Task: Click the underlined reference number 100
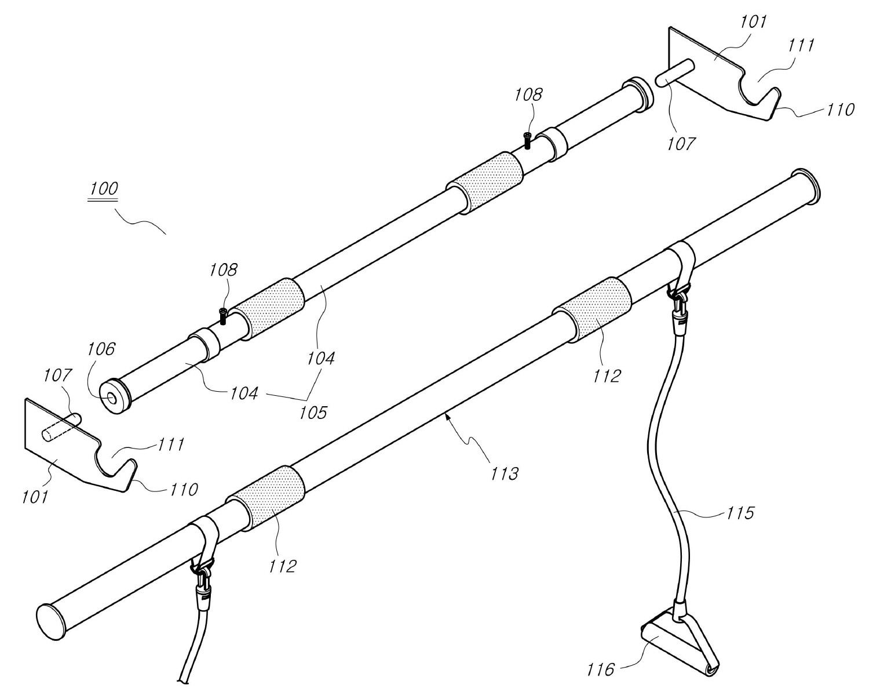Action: [103, 188]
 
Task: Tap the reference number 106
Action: [101, 349]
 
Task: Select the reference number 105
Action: [313, 413]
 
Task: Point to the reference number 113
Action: [505, 473]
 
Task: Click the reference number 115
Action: [740, 513]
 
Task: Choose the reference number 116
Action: [600, 670]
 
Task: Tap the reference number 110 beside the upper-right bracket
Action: [841, 110]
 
